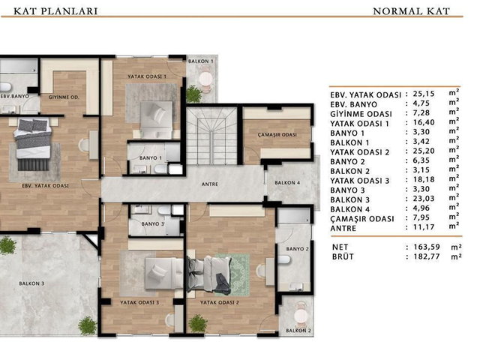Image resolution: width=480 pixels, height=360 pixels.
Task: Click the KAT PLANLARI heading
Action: pyautogui.click(x=55, y=11)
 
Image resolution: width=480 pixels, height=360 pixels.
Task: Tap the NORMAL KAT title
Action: pyautogui.click(x=412, y=11)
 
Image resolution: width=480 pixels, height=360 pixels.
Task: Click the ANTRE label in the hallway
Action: pyautogui.click(x=210, y=184)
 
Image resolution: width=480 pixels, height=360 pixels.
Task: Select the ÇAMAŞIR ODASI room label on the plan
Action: pyautogui.click(x=277, y=135)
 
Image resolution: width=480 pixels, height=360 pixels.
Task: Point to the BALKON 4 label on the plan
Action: pyautogui.click(x=287, y=183)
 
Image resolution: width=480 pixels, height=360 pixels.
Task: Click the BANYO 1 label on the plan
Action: pyautogui.click(x=151, y=158)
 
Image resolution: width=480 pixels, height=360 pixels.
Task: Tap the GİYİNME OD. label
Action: pyautogui.click(x=64, y=97)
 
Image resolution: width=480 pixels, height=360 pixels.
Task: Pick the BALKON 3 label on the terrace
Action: pyautogui.click(x=31, y=283)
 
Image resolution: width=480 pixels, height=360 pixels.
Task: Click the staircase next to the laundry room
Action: pyautogui.click(x=211, y=136)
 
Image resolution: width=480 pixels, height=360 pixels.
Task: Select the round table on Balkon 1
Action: pyautogui.click(x=205, y=79)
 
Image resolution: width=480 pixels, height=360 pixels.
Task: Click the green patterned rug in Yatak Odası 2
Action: pyautogui.click(x=233, y=274)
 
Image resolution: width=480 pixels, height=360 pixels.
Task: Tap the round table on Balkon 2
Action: pyautogui.click(x=301, y=316)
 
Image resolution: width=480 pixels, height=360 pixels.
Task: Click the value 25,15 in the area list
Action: pyautogui.click(x=424, y=94)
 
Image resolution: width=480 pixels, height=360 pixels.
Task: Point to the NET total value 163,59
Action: pyautogui.click(x=427, y=247)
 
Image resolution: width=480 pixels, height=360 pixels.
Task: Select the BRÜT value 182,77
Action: pyautogui.click(x=427, y=256)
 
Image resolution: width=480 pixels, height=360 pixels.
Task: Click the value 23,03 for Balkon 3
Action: pyautogui.click(x=424, y=199)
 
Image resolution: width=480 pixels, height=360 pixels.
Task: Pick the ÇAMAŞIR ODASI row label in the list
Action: pyautogui.click(x=362, y=219)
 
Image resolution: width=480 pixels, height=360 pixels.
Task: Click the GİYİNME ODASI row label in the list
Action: pyautogui.click(x=361, y=114)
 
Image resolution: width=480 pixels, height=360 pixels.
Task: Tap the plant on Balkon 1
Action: pyautogui.click(x=194, y=94)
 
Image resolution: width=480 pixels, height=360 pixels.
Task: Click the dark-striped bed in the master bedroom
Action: pyautogui.click(x=33, y=144)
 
